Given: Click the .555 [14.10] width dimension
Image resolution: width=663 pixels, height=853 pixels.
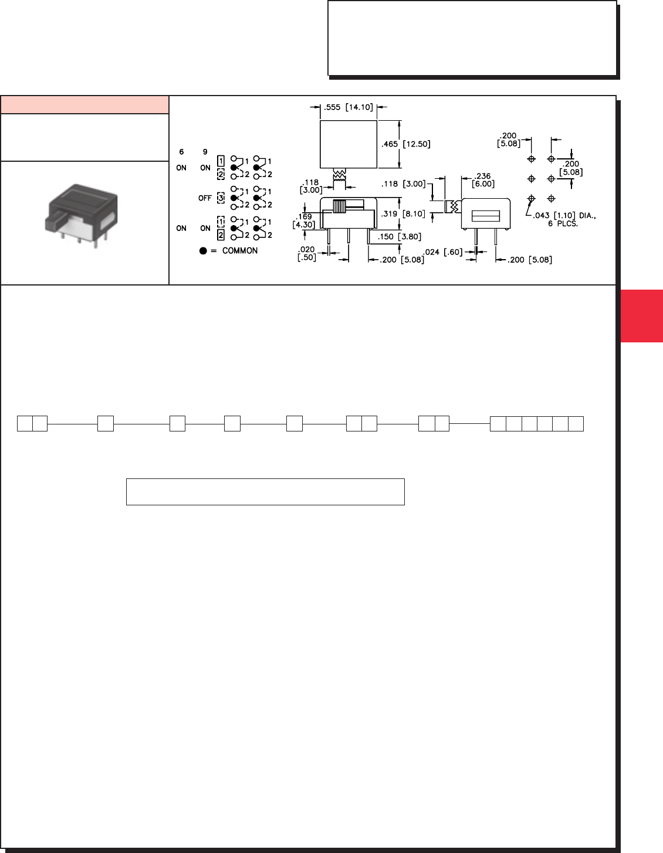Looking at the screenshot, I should tap(349, 107).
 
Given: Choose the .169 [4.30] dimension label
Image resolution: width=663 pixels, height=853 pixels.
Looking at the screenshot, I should tap(303, 220).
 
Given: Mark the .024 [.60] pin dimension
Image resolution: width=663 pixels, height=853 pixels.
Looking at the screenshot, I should tap(443, 252).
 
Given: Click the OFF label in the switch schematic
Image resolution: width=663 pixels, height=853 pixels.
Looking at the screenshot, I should tap(205, 198).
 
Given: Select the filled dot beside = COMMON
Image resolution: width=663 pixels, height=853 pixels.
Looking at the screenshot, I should tap(203, 250).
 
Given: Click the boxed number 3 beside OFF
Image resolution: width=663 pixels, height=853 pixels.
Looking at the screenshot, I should tap(221, 198).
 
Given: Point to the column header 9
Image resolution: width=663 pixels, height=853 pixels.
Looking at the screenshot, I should tap(205, 152).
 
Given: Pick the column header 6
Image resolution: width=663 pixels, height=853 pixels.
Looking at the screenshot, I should tap(181, 152).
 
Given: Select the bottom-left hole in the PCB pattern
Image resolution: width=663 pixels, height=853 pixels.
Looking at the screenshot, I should tap(532, 199).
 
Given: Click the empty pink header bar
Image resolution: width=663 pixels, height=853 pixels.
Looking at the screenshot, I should tap(84, 104).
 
